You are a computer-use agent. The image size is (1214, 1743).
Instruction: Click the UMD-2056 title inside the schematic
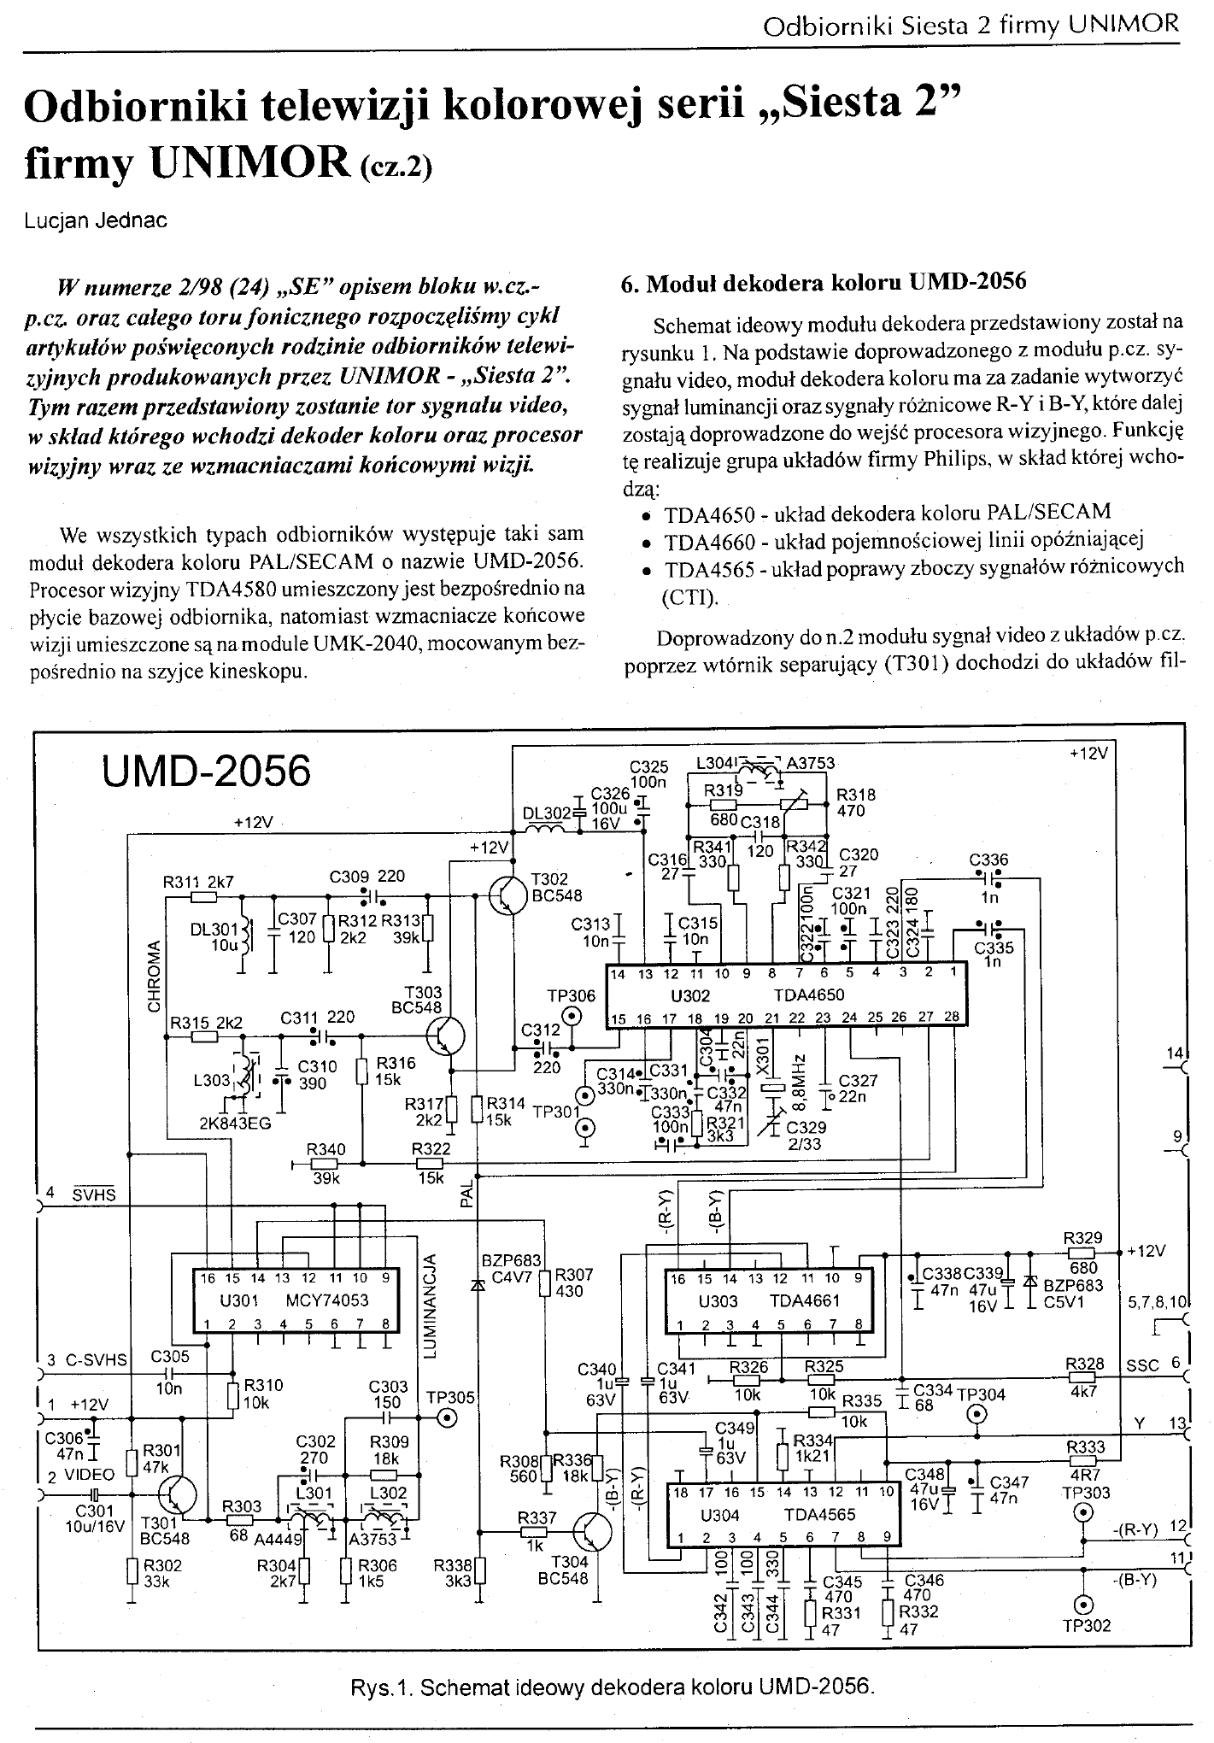point(206,772)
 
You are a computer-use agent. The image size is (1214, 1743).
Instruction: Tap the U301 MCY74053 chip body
point(282,1301)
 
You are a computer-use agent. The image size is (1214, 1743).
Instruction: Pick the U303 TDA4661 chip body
point(769,1301)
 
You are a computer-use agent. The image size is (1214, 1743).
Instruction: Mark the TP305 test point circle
point(446,1419)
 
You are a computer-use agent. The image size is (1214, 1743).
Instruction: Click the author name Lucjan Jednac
point(96,220)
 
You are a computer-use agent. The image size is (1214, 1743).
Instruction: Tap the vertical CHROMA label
point(155,977)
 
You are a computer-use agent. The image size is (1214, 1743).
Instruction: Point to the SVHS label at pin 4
point(94,1194)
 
